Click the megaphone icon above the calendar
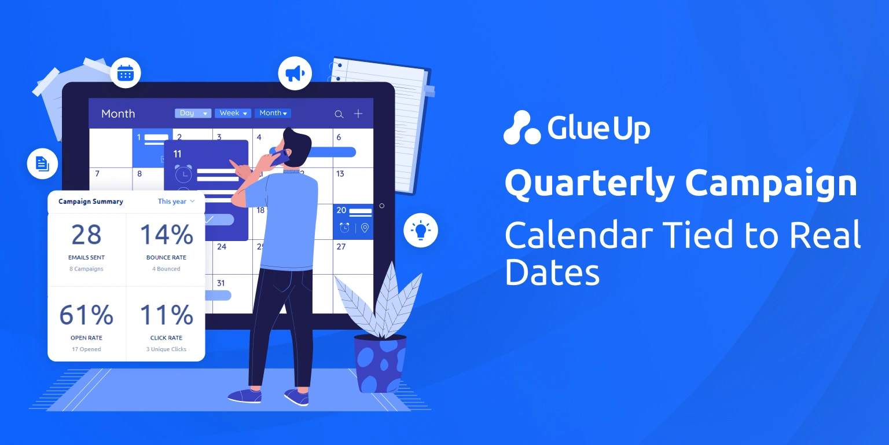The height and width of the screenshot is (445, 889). tap(295, 74)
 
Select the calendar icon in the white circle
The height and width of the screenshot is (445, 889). tap(126, 73)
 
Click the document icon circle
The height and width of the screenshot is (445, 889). tap(42, 163)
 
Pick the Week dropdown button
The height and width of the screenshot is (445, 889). tap(233, 113)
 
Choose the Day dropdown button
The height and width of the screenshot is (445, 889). tap(193, 113)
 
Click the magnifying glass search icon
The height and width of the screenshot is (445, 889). tap(339, 114)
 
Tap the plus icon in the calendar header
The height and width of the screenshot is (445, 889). tap(358, 114)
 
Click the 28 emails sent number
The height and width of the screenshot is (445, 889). tap(86, 235)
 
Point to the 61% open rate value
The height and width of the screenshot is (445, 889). tap(86, 315)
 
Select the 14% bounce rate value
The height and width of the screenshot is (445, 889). tap(166, 235)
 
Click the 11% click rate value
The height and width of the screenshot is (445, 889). tap(166, 315)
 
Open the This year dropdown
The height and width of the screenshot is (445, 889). tap(176, 202)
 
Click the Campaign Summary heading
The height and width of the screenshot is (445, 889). tap(91, 202)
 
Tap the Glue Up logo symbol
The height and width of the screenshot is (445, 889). tap(521, 127)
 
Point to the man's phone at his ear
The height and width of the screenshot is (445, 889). tap(283, 155)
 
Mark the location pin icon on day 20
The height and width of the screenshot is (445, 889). tap(365, 228)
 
